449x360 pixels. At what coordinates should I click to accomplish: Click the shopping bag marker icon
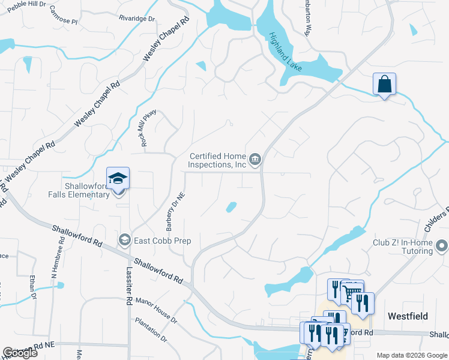tap(384, 84)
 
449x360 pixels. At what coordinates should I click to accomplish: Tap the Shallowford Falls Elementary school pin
tap(118, 178)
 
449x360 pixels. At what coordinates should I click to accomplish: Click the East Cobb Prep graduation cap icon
tap(125, 241)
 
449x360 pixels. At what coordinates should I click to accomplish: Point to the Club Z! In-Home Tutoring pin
tap(442, 246)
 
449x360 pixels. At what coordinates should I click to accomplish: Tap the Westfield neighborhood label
tap(408, 316)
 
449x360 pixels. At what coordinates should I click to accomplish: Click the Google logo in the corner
tap(20, 353)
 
